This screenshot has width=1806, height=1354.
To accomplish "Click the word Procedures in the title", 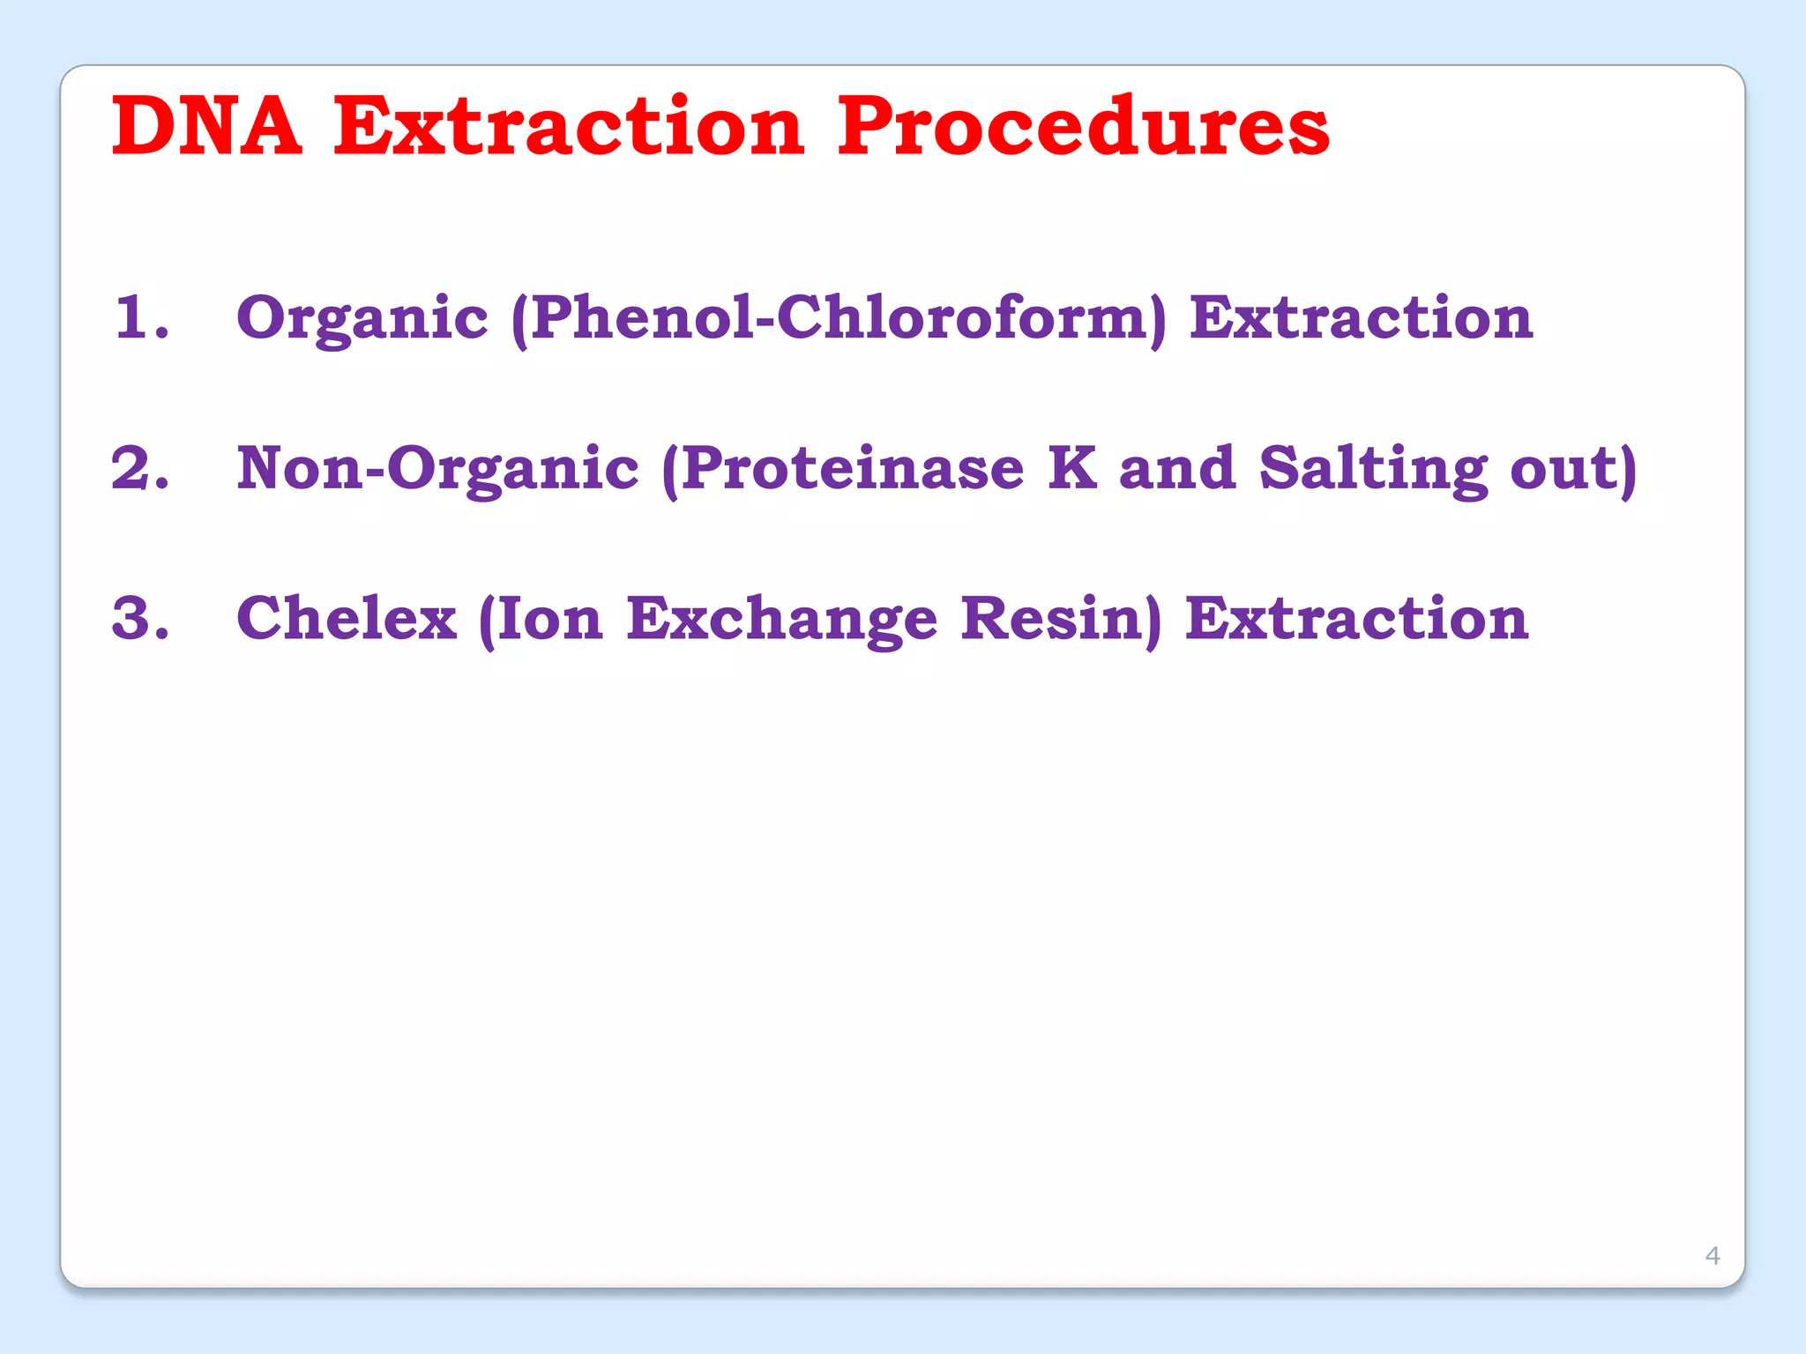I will pos(1083,128).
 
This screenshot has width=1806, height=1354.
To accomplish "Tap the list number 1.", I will pos(141,316).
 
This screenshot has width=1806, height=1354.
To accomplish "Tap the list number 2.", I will pos(140,467).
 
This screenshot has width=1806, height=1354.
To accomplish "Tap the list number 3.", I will pos(140,618).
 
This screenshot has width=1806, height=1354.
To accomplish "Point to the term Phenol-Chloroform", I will pos(838,317).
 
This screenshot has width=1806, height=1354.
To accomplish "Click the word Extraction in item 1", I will pos(1361,317).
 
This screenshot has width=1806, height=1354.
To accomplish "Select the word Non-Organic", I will pos(437,469).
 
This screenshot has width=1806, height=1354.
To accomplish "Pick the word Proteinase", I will pos(852,468).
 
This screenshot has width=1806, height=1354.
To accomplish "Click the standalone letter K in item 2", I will pos(1072,467).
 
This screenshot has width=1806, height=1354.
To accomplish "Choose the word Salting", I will pos(1373,469).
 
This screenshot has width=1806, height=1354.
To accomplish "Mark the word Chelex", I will pos(347,618).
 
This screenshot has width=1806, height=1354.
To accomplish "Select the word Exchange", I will pos(781,620).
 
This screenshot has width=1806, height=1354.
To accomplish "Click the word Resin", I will pos(1054,618).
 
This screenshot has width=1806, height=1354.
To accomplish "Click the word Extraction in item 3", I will pos(1356,618).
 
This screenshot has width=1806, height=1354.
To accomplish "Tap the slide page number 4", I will pos(1713,1255).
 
